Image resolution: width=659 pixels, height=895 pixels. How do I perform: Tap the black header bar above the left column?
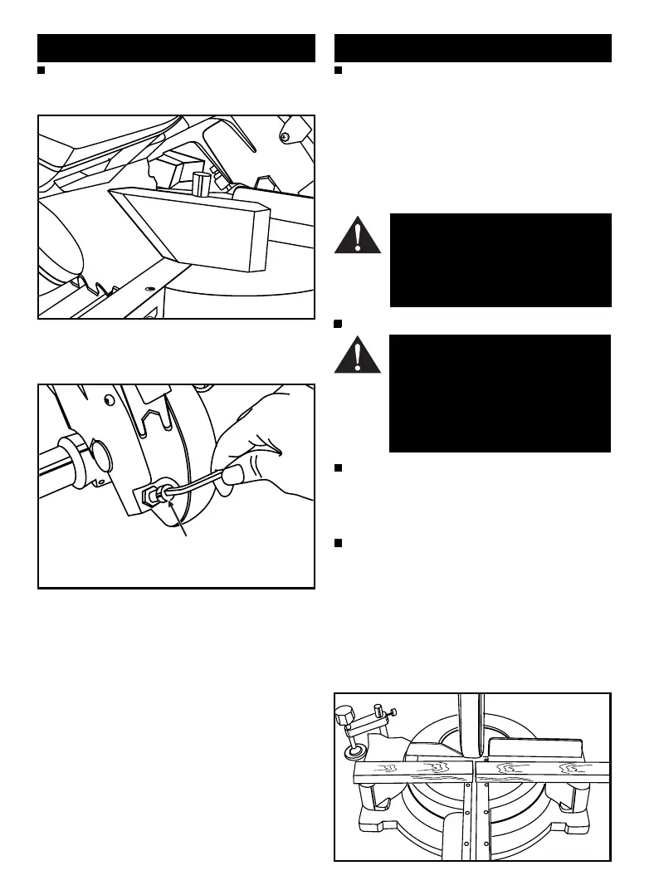[x=177, y=48]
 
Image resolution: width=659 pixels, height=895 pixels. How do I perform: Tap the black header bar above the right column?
[x=472, y=48]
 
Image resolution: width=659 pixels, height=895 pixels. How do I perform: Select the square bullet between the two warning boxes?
[x=338, y=322]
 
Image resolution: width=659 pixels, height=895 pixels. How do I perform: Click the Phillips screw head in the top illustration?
[x=286, y=135]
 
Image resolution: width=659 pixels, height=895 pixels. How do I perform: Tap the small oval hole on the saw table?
[x=149, y=290]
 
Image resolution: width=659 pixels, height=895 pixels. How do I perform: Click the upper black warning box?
[x=500, y=261]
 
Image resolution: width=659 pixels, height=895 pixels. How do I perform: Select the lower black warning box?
[x=500, y=394]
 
